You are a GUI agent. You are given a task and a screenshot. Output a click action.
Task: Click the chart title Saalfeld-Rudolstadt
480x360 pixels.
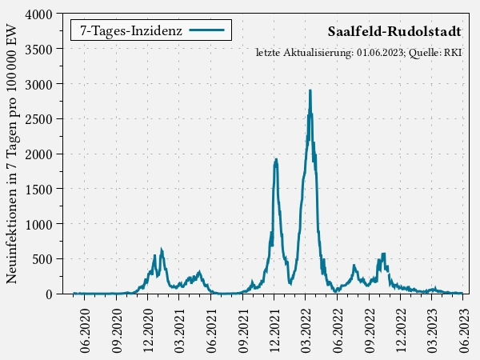[394, 31]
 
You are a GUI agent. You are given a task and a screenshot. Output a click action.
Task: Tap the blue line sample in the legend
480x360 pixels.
[210, 30]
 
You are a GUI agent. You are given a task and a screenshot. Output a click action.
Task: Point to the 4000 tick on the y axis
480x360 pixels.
[39, 14]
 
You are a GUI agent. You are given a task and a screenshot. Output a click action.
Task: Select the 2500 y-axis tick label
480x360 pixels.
[39, 119]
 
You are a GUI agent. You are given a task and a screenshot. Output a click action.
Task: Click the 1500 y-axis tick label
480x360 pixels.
[39, 189]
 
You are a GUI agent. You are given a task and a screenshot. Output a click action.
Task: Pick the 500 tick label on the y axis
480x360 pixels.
[42, 258]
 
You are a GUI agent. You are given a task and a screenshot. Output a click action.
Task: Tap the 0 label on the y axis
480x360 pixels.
[49, 294]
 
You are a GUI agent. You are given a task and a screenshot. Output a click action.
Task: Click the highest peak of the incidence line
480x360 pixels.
[310, 91]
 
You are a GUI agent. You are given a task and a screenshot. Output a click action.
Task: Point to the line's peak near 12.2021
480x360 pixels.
[276, 159]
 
